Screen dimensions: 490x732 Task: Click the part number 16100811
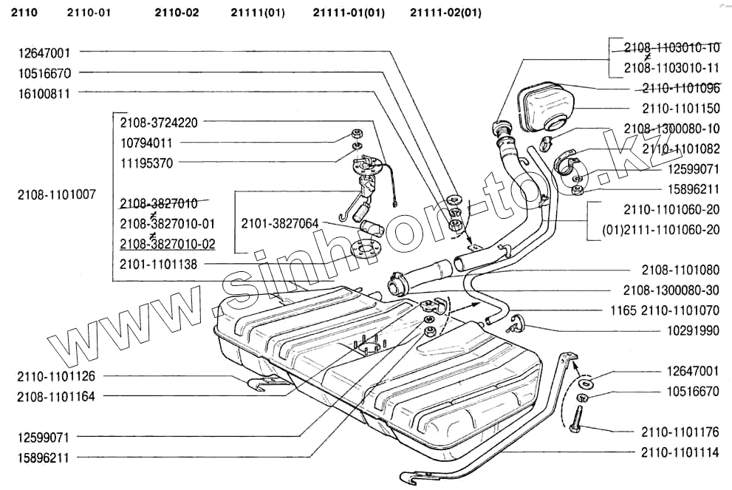(44, 93)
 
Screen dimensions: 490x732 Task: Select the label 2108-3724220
(159, 121)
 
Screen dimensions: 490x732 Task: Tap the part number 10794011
(146, 142)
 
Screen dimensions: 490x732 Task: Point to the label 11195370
(146, 162)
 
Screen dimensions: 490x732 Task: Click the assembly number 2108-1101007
(57, 195)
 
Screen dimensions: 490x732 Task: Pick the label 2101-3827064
(279, 222)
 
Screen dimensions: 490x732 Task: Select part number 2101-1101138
(159, 264)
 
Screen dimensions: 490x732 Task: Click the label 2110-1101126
(56, 376)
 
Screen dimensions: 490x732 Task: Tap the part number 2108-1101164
(56, 396)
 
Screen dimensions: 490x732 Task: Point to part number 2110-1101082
(680, 149)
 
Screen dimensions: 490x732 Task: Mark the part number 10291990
(694, 331)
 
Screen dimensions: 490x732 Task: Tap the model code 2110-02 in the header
(177, 13)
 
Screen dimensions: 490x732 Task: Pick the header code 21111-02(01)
(445, 13)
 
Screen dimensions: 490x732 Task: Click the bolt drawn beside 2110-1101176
(574, 423)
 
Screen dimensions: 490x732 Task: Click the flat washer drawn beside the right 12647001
(585, 384)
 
